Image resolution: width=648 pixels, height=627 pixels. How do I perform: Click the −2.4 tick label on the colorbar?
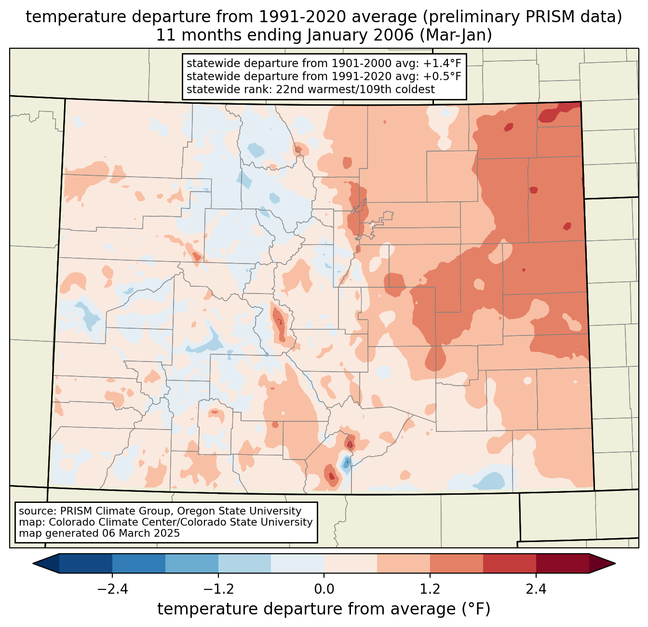[112, 589]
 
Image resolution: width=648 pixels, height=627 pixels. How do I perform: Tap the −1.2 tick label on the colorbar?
[218, 589]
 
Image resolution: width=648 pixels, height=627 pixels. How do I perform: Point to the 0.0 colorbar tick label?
[324, 589]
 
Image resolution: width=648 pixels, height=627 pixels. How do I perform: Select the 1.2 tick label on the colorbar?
[430, 589]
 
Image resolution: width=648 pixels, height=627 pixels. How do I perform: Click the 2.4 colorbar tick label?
[536, 589]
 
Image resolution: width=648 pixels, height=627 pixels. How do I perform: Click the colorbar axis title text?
[324, 609]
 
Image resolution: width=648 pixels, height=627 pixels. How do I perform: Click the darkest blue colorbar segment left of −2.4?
[86, 563]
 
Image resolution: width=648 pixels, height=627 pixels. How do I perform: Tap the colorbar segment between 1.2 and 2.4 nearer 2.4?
[510, 563]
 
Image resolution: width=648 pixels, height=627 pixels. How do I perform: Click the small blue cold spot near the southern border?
[346, 464]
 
